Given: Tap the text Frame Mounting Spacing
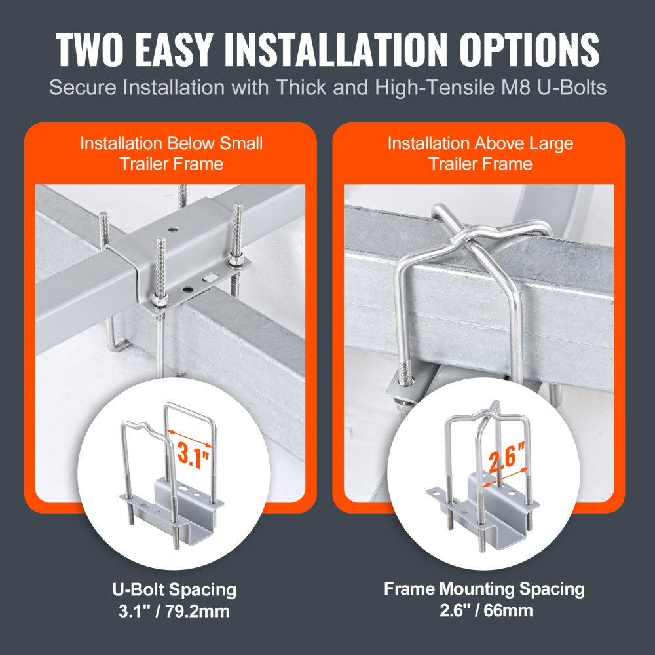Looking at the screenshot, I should tap(484, 589).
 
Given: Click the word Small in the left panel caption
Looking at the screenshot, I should tap(243, 143).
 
